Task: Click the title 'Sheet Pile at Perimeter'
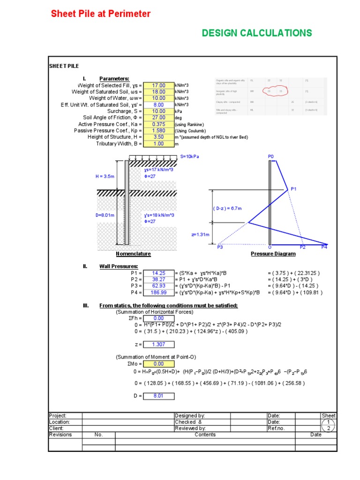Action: (x=101, y=14)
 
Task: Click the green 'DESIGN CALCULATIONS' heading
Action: (x=256, y=33)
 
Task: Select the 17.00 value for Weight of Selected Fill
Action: (x=159, y=85)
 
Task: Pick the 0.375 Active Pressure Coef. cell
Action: (x=159, y=124)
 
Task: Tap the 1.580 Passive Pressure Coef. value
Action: (x=159, y=131)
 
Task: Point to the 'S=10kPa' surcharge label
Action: (x=189, y=156)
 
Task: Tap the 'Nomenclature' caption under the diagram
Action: (x=134, y=254)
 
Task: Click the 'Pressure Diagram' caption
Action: (x=273, y=254)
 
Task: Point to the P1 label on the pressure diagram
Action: (x=293, y=189)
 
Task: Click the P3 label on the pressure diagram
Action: (x=220, y=247)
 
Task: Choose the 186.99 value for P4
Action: (x=159, y=292)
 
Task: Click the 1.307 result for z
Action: (x=159, y=345)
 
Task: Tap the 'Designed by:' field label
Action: (x=190, y=416)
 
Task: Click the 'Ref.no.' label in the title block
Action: (x=276, y=428)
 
